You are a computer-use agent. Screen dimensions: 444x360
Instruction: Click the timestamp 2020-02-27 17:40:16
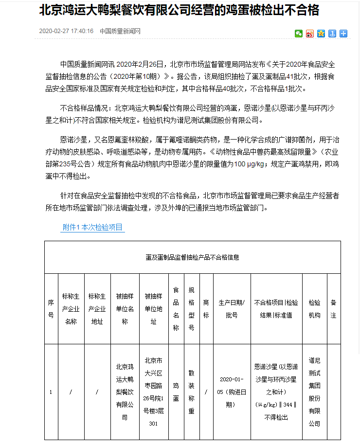tap(66, 32)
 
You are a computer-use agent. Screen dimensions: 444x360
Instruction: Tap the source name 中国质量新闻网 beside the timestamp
tap(120, 32)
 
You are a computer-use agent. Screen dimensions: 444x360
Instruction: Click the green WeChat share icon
tap(299, 34)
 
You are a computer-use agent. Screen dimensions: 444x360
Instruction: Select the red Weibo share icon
tap(310, 34)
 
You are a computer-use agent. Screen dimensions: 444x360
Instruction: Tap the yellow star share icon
tap(321, 34)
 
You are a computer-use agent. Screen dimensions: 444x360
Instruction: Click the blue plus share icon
tap(343, 34)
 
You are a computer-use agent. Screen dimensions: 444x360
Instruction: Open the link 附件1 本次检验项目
tap(92, 227)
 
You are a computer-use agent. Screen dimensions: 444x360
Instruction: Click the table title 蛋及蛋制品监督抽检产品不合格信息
tap(193, 257)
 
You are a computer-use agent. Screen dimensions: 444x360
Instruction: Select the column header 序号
tap(51, 308)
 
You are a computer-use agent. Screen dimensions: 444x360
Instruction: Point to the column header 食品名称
tap(176, 308)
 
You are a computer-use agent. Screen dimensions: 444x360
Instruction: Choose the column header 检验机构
tap(314, 308)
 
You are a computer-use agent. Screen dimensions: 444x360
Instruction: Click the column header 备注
tap(333, 308)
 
